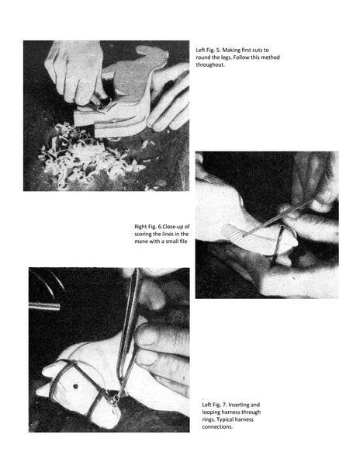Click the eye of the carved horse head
pos(75,387)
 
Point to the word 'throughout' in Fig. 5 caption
pos(209,64)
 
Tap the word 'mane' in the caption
pos(141,242)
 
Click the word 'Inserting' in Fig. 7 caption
pos(239,405)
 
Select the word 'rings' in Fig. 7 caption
pos(209,419)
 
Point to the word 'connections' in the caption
pos(217,426)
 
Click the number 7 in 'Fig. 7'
pos(224,405)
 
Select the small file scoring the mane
pos(278,218)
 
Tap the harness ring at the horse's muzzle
pos(113,400)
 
